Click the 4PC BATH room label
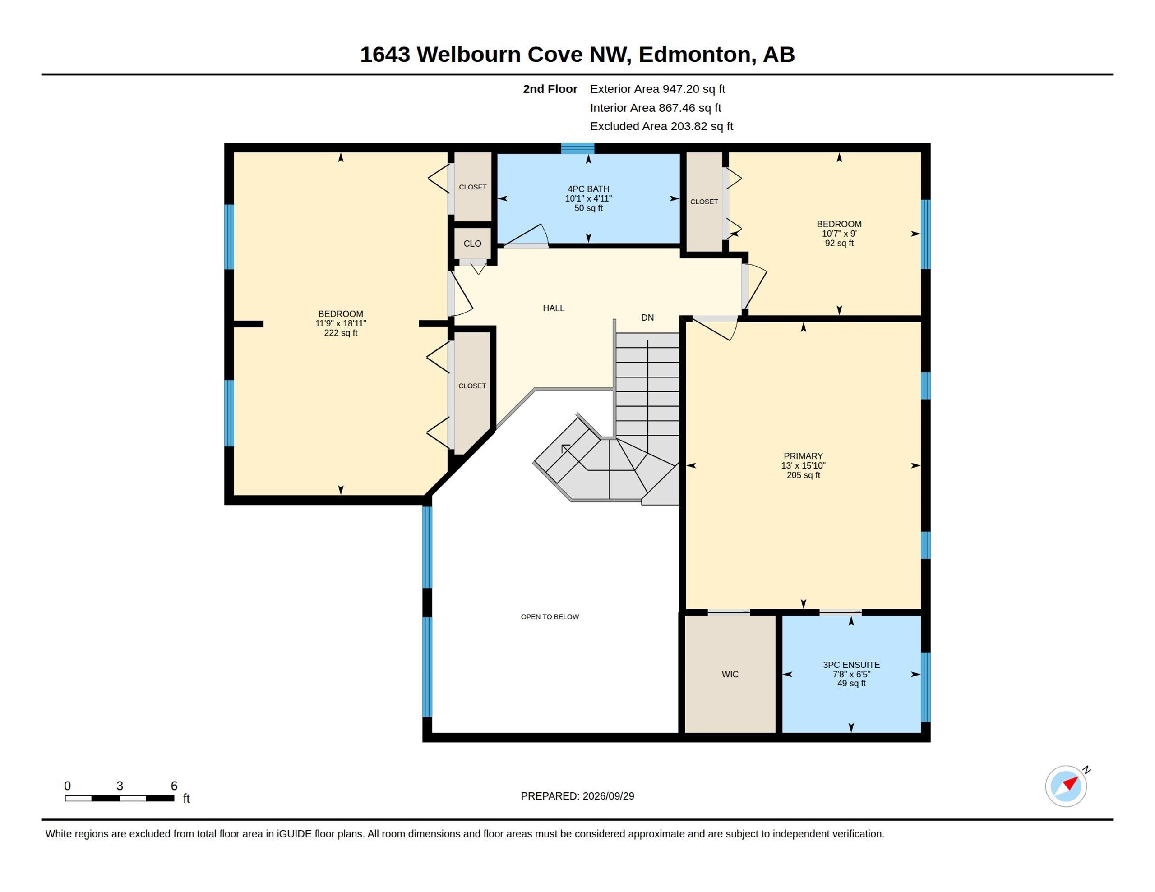pyautogui.click(x=588, y=189)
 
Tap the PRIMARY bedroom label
pyautogui.click(x=803, y=456)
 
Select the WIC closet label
pyautogui.click(x=730, y=674)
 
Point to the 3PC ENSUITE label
pyautogui.click(x=851, y=665)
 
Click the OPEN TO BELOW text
pyautogui.click(x=550, y=616)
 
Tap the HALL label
pyautogui.click(x=553, y=308)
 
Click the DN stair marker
pyautogui.click(x=647, y=317)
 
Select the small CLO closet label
pyautogui.click(x=472, y=243)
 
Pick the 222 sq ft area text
pyautogui.click(x=341, y=332)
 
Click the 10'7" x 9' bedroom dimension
pyautogui.click(x=839, y=233)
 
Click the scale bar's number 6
pyautogui.click(x=174, y=786)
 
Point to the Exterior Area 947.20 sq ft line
pyautogui.click(x=657, y=89)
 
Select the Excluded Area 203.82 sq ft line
pyautogui.click(x=661, y=126)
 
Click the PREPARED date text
pyautogui.click(x=577, y=796)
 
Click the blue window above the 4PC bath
pyautogui.click(x=577, y=148)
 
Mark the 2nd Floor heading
pyautogui.click(x=550, y=89)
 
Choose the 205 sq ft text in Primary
pyautogui.click(x=803, y=475)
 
